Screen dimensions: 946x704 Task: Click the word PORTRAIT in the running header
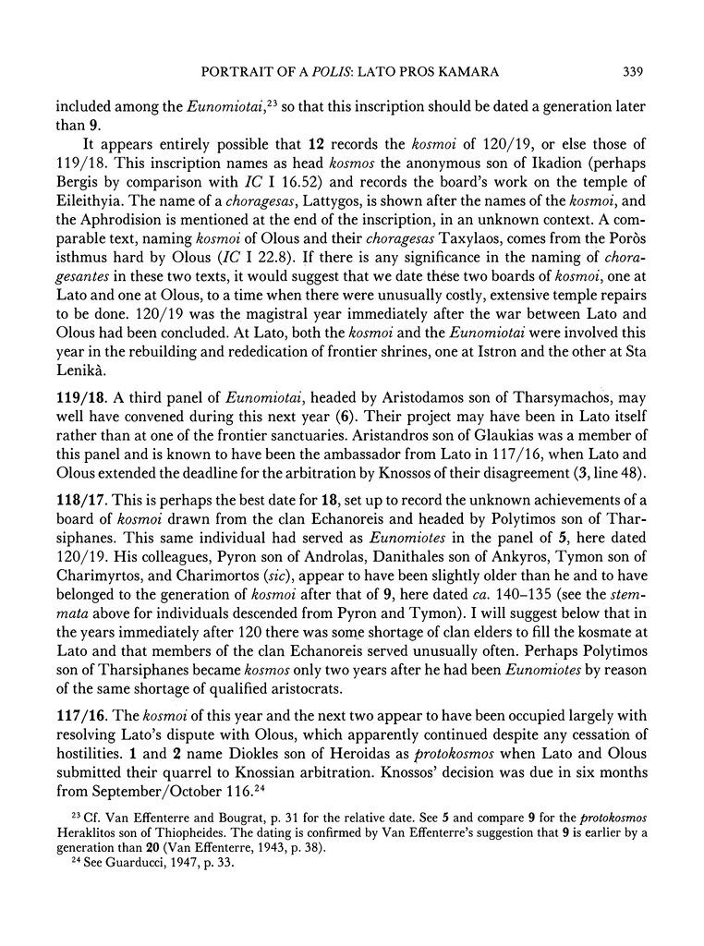(234, 71)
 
